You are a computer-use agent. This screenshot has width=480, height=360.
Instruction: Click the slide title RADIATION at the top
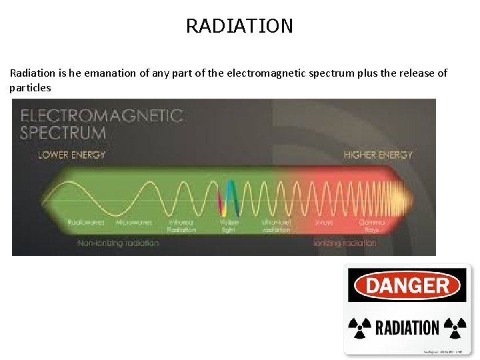click(x=239, y=26)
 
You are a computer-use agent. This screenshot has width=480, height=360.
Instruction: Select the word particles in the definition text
click(x=31, y=88)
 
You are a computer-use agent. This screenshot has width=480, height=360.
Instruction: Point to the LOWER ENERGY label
click(x=72, y=155)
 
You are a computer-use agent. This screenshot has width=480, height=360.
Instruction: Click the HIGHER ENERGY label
click(x=378, y=155)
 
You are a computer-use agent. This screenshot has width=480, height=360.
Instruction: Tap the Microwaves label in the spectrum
click(x=135, y=222)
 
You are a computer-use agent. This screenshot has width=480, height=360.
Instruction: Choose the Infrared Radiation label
click(x=182, y=225)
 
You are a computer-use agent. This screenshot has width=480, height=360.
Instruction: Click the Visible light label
click(x=229, y=225)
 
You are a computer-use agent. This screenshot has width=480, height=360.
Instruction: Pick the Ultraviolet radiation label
click(x=276, y=225)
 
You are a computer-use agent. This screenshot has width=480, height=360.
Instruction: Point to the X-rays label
click(x=325, y=222)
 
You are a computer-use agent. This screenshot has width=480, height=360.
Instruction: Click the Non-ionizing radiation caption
click(x=118, y=243)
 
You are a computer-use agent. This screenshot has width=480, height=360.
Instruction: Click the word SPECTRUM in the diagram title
click(x=63, y=132)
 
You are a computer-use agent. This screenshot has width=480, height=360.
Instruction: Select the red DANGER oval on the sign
click(x=407, y=286)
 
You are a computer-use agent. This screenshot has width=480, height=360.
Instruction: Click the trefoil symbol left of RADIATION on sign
click(x=361, y=327)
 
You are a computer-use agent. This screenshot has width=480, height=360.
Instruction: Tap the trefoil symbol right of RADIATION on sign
click(x=455, y=327)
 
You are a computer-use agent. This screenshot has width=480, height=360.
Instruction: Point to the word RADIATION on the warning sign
click(x=407, y=328)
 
